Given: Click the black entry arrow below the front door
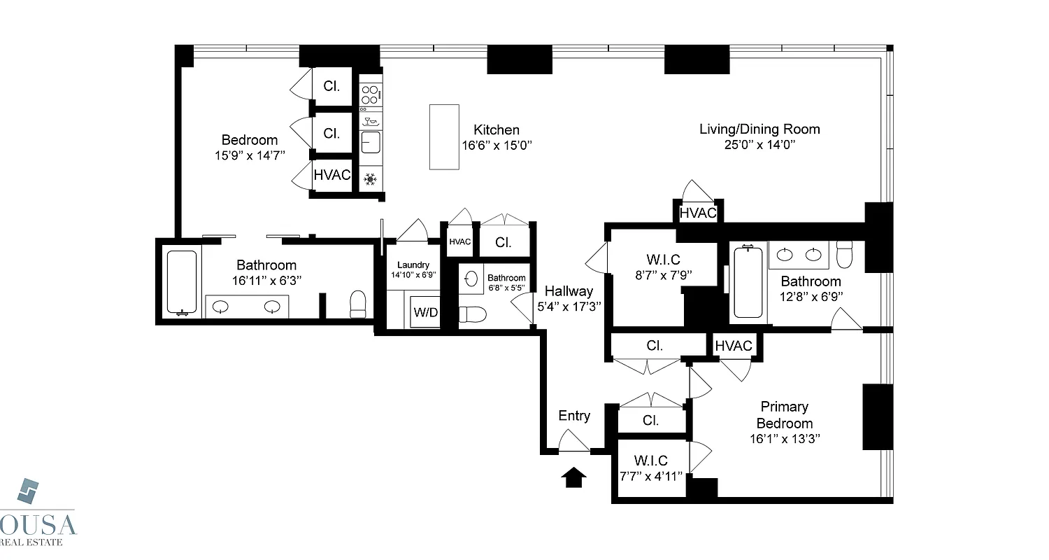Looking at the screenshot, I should coord(573,477).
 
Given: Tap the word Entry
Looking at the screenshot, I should coord(574,416).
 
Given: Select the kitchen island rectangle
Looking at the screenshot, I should coord(444,136).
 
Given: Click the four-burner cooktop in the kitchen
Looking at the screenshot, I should coord(371,94).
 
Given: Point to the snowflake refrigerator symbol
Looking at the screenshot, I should coord(370,180).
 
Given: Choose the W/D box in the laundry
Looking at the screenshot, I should coord(426,312).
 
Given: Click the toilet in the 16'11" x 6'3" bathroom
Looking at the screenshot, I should coord(358,304).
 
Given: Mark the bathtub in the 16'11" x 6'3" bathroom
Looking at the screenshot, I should coord(183,283).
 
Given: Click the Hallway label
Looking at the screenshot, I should coord(569,291).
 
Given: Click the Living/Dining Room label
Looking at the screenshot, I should coord(759,129).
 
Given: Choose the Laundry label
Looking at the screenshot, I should coord(413,265).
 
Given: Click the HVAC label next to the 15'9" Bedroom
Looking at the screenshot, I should coord(331,175).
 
